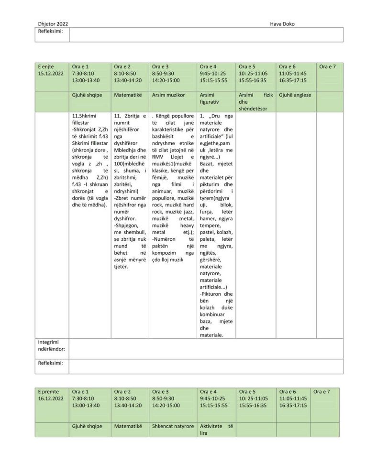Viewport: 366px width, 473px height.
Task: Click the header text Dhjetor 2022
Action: [53, 23]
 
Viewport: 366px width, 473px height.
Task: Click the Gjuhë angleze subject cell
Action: [295, 95]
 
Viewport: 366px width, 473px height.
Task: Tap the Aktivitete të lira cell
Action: [216, 429]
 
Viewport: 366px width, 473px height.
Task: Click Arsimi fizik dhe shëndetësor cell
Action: [255, 102]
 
